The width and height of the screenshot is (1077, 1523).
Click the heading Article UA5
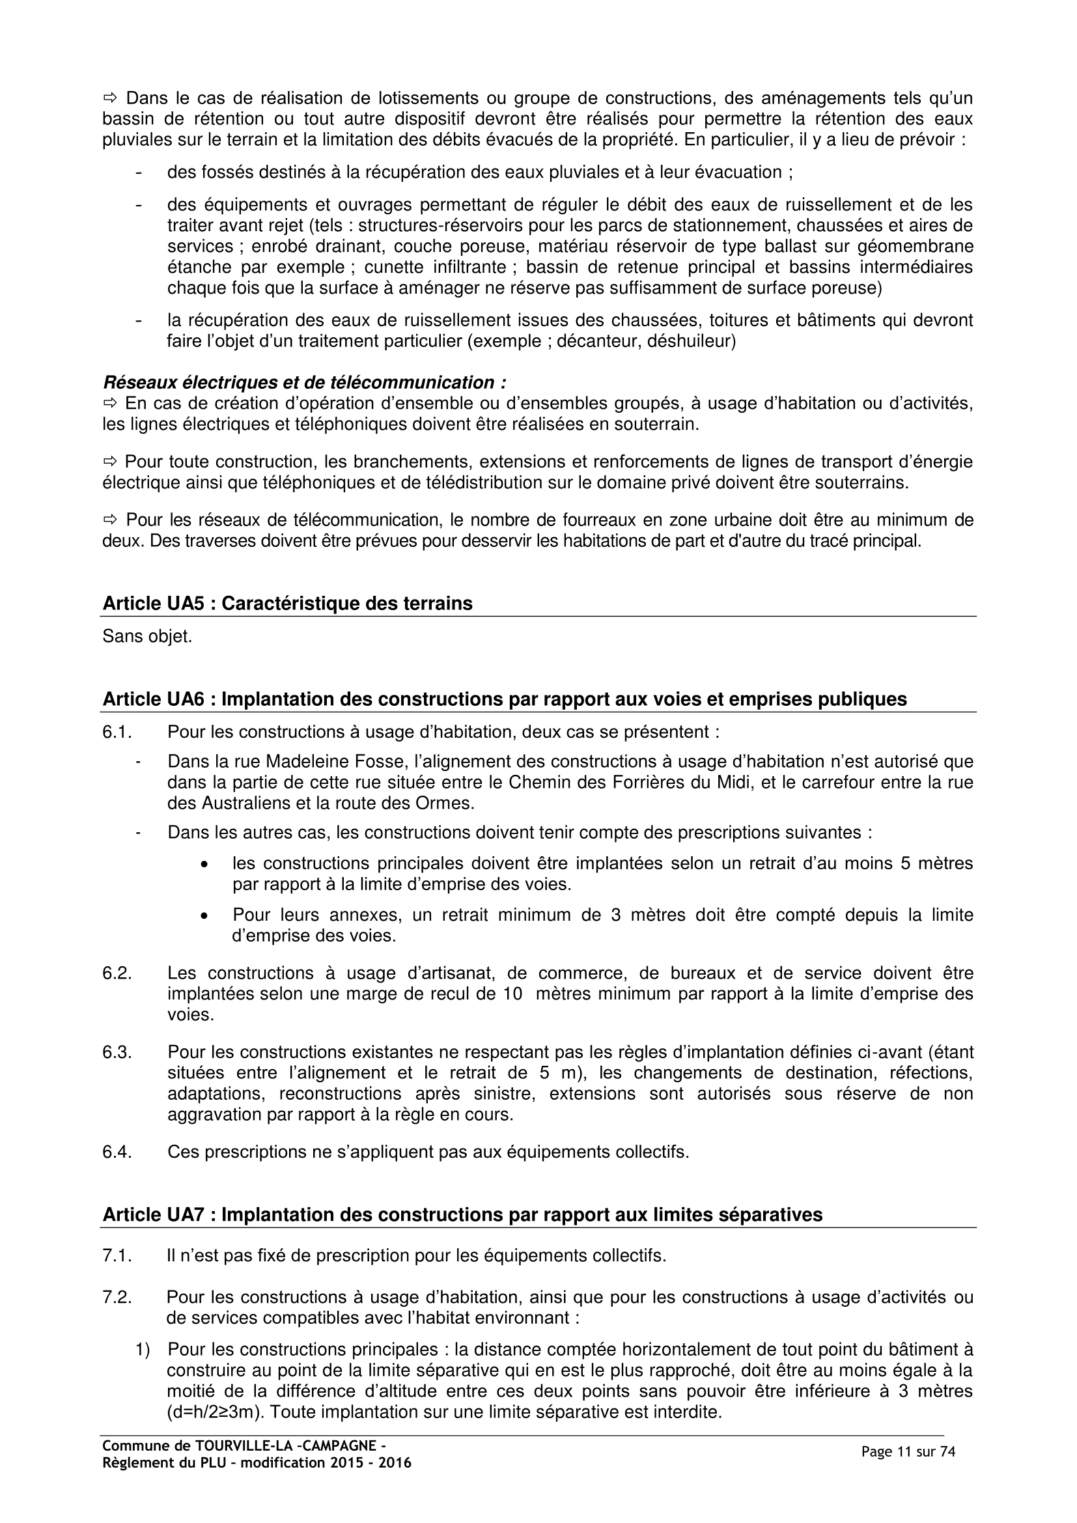pos(287,604)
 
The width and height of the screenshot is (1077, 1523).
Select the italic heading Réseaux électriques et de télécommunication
pos(304,383)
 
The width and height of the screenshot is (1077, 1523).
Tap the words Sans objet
pos(147,637)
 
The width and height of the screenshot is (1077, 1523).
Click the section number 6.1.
pos(117,733)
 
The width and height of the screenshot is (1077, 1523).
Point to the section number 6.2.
pos(117,973)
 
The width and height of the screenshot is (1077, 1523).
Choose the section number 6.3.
pos(117,1052)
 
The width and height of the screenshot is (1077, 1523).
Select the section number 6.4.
pos(117,1152)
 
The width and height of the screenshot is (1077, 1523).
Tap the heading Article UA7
pos(462,1214)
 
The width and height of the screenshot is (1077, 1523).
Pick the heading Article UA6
pos(504,699)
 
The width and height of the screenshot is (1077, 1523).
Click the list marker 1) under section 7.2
pos(143,1349)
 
